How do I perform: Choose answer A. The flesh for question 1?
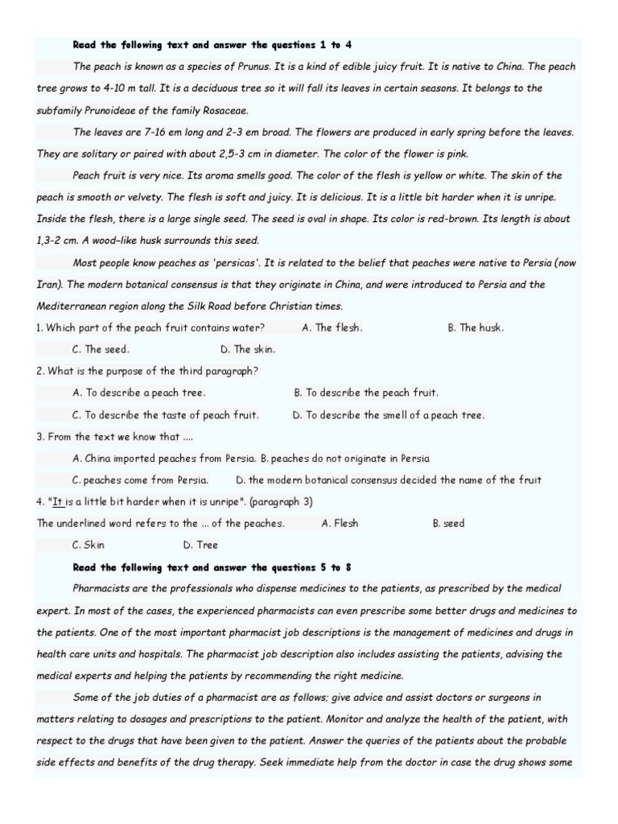coord(332,328)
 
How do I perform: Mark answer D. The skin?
coord(248,349)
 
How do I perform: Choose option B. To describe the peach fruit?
coord(366,393)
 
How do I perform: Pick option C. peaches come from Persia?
coord(140,480)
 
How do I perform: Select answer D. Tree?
coord(200,545)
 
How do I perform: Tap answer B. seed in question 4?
coord(448,523)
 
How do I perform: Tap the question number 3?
coord(40,436)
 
